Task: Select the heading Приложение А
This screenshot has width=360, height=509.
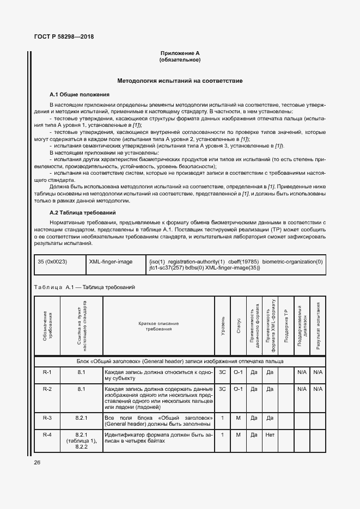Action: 180,53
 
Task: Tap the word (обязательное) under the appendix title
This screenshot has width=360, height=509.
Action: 180,60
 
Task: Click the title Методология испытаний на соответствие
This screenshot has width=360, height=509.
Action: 180,81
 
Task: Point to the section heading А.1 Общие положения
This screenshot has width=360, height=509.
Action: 80,94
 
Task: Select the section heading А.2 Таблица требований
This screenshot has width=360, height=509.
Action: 83,212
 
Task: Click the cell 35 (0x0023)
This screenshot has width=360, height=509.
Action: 52,262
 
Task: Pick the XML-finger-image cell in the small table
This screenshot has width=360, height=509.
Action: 111,262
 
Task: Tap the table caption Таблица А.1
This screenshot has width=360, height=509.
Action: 84,287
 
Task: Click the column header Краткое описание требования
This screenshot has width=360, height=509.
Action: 158,327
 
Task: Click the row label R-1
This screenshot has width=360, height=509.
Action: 47,372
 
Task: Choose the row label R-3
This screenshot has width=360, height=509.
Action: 47,417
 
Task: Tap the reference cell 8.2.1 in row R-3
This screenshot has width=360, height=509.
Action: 82,417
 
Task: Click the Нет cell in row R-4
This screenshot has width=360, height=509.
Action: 269,435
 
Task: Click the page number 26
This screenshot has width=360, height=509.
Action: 38,462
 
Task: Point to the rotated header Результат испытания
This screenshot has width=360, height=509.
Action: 318,327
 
